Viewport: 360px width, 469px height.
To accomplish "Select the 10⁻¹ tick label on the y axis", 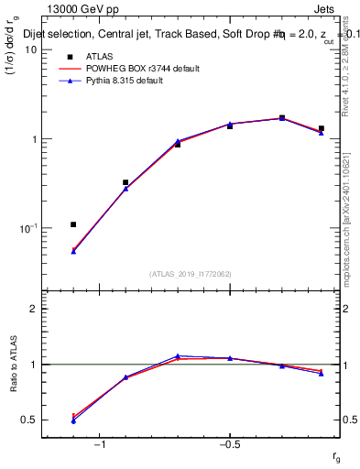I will click(x=28, y=228).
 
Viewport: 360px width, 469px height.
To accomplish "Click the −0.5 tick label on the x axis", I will click(x=228, y=444).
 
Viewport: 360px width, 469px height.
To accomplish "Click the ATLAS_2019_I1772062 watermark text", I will click(x=191, y=274).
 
